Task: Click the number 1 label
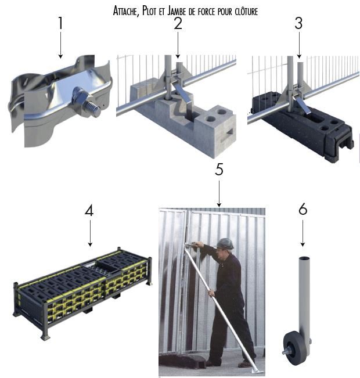click(60, 23)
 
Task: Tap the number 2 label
click(178, 23)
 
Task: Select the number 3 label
click(298, 23)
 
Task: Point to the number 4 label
click(89, 211)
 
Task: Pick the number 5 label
click(219, 169)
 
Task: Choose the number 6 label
click(303, 209)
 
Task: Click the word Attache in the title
click(126, 11)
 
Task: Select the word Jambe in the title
click(177, 11)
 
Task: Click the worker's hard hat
click(225, 243)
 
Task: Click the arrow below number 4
click(90, 233)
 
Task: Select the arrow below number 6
click(303, 233)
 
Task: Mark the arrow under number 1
click(60, 45)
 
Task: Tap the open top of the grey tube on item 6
click(304, 258)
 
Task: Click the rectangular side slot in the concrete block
click(230, 132)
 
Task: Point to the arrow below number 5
click(219, 194)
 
